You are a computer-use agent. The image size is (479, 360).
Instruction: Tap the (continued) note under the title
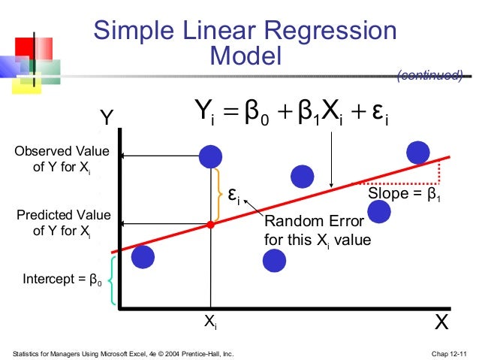429,74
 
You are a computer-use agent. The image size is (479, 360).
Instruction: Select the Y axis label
107,118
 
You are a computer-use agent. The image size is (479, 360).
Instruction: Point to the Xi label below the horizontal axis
211,322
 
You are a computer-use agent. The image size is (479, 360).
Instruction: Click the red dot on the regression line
211,224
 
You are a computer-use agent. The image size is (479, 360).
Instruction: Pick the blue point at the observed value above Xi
211,156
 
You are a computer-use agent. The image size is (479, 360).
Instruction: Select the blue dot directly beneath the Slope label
380,213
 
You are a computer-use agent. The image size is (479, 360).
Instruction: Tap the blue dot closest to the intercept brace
143,257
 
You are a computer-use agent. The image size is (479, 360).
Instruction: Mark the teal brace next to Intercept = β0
113,280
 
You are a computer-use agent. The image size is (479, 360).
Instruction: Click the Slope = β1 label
404,194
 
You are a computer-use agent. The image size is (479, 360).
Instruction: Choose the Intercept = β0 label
62,280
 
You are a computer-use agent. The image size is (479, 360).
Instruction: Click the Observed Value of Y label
62,159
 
